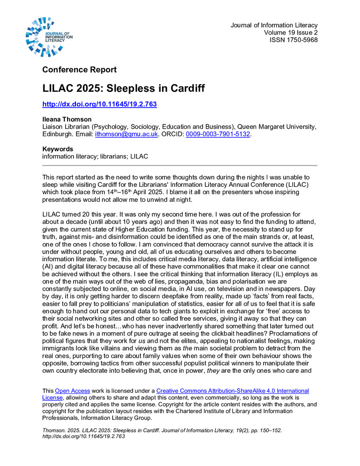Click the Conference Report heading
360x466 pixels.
click(x=79, y=70)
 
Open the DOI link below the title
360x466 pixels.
click(x=99, y=104)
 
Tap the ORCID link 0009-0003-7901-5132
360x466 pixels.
click(x=218, y=134)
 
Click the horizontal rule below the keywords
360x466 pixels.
click(x=180, y=165)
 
